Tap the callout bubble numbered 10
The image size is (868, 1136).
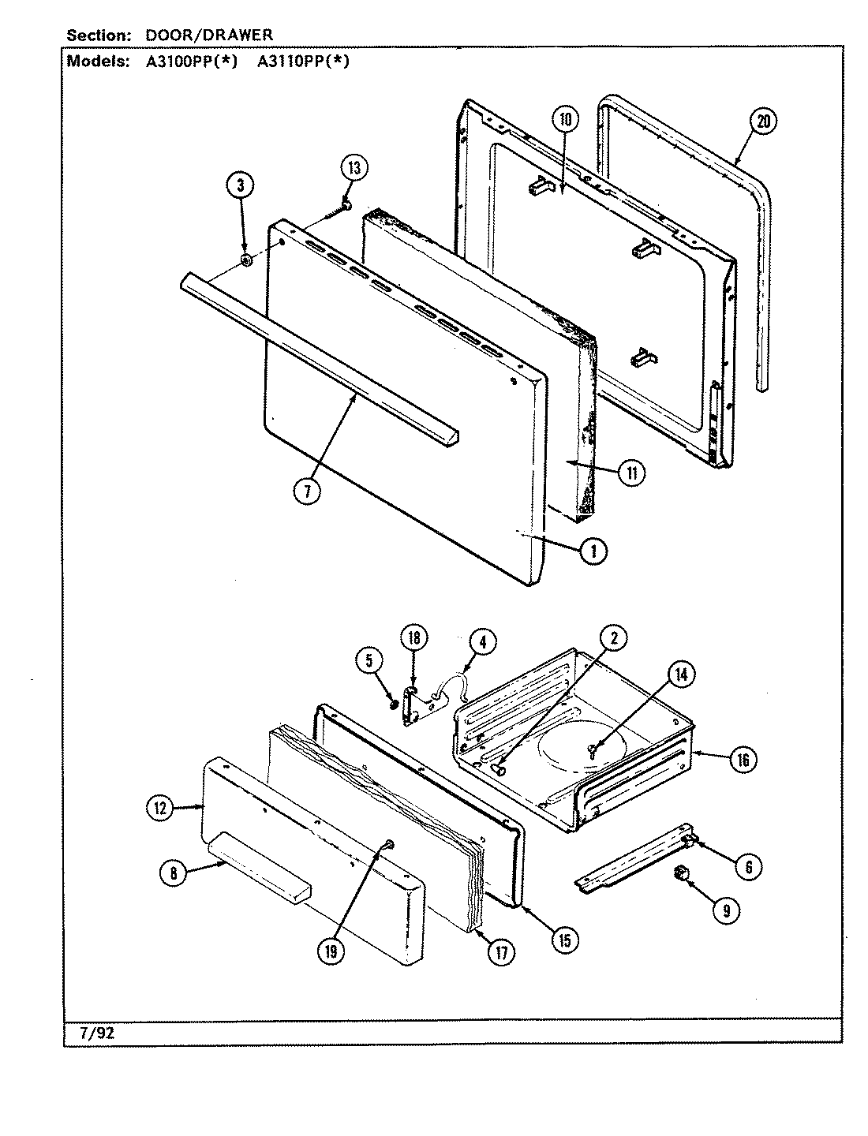(x=565, y=120)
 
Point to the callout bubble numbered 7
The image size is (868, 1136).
(x=306, y=491)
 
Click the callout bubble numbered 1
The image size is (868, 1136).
(x=593, y=551)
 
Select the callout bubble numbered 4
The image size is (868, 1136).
(x=483, y=642)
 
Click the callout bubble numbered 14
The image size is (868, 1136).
(x=679, y=674)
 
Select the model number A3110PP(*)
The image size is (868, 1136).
(x=302, y=62)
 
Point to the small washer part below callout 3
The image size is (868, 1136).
(x=245, y=260)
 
